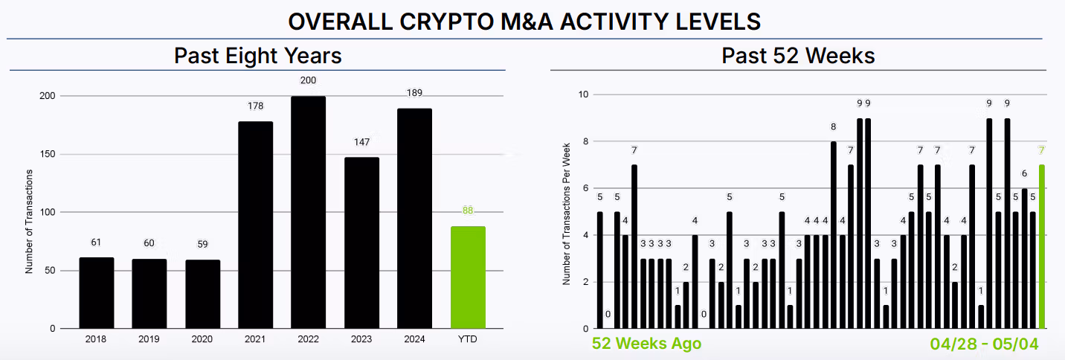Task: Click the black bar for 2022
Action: [308, 212]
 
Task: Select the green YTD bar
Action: [468, 277]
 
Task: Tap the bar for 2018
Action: [97, 292]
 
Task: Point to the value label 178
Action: [255, 106]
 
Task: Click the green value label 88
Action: [468, 210]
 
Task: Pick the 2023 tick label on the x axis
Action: [361, 339]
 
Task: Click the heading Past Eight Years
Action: [257, 56]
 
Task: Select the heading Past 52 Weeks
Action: [798, 56]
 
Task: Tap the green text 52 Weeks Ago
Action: [646, 344]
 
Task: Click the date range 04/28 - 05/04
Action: [984, 344]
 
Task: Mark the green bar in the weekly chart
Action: [1042, 246]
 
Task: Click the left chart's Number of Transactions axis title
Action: [30, 222]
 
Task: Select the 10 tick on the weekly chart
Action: [583, 94]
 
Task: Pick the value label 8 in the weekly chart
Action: [833, 127]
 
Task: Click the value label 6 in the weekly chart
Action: [1024, 173]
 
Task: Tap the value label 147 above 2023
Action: [361, 142]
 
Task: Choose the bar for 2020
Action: [202, 294]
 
